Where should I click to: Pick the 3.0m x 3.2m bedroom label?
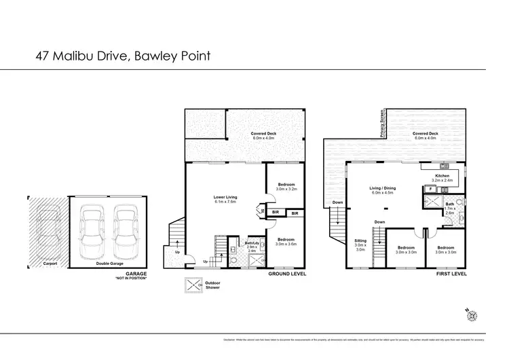[x=284, y=187]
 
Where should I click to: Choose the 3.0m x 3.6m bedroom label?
[x=284, y=242]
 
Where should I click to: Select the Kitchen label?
[x=442, y=178]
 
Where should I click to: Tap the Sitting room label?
[x=360, y=245]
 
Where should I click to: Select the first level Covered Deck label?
[x=426, y=134]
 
